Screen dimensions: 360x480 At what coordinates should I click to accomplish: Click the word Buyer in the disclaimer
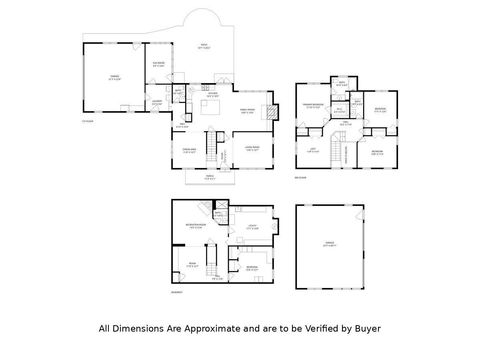(x=365, y=327)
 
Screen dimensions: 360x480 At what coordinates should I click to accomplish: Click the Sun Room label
(x=158, y=65)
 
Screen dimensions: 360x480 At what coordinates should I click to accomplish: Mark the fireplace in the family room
(x=268, y=111)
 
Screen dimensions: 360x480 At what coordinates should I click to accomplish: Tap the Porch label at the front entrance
(x=210, y=178)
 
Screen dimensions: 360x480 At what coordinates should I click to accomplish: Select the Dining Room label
(x=188, y=151)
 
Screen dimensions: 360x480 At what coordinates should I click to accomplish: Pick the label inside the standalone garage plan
(x=329, y=243)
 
